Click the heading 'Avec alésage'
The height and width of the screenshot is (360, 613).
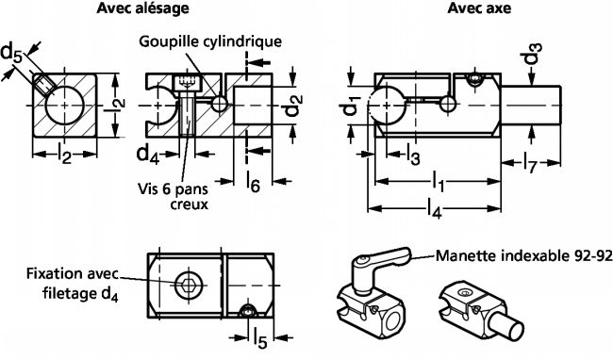coord(142,8)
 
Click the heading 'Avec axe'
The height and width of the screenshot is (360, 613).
coord(479,8)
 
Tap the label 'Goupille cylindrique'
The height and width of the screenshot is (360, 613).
coord(210,41)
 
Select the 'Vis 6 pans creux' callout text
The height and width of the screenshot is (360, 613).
coord(174,196)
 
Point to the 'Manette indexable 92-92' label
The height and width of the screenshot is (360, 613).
coord(523,256)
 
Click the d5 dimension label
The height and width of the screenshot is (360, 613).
coord(11,53)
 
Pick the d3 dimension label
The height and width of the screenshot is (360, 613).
coord(533,54)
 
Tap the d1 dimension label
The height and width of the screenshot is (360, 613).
coord(352,106)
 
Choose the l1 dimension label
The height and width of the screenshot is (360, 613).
coord(438,182)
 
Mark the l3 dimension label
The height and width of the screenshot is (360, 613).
coord(413,155)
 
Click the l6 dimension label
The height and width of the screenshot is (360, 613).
coord(254,182)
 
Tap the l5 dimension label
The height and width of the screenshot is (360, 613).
coord(260,338)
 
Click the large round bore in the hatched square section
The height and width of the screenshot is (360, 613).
coord(64,106)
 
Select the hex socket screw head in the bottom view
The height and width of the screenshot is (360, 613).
coord(186,284)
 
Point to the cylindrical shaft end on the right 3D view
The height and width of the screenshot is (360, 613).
coord(509,327)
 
